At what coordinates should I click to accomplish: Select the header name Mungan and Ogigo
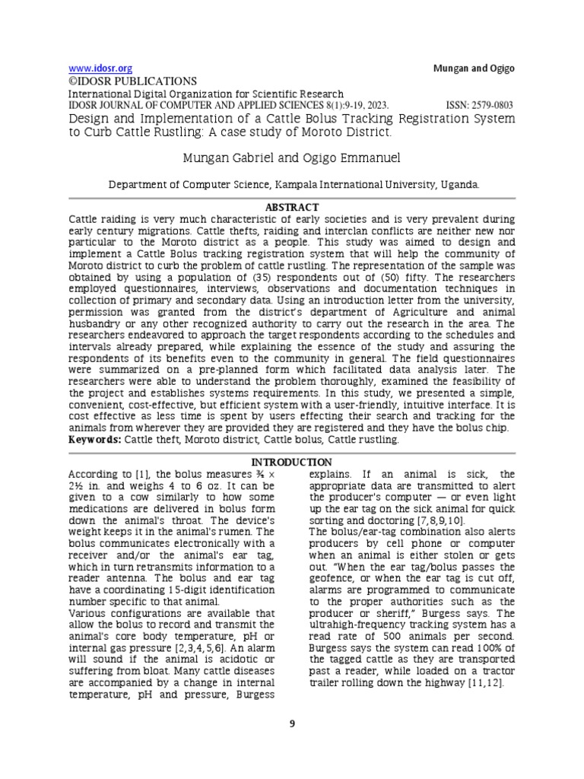(x=473, y=68)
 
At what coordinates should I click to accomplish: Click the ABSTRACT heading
(x=291, y=207)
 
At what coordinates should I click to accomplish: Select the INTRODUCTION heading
(x=291, y=462)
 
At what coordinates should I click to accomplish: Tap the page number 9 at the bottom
(x=291, y=723)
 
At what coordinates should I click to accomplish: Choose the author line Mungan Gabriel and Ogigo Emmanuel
(x=291, y=157)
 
